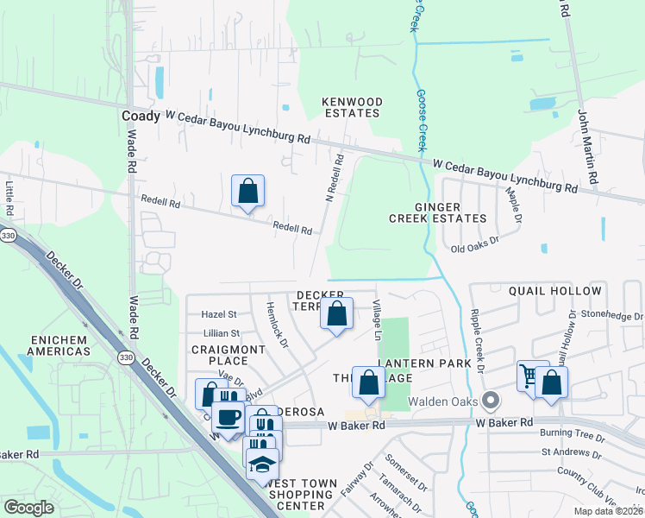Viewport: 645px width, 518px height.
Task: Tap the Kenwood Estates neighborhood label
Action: (x=351, y=107)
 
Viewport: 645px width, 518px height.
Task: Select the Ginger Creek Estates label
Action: (x=451, y=212)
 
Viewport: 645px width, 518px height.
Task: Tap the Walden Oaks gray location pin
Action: (x=492, y=400)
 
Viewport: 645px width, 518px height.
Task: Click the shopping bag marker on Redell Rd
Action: (x=247, y=191)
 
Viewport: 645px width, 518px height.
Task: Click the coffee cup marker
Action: (x=228, y=418)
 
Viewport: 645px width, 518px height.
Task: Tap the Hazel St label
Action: (x=219, y=315)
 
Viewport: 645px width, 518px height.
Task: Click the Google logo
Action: (x=29, y=508)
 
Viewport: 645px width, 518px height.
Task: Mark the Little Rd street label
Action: (x=9, y=198)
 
